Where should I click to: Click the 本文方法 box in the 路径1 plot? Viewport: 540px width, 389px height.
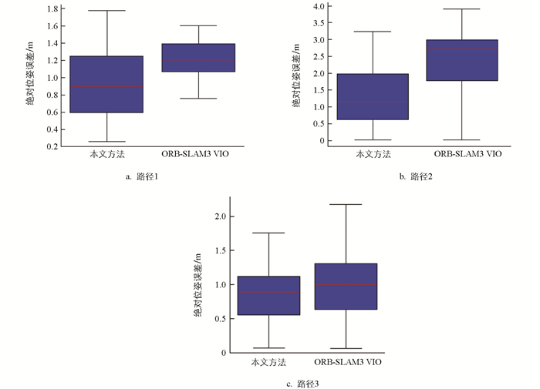[x=106, y=84]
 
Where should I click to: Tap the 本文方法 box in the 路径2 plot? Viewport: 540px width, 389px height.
[x=373, y=96]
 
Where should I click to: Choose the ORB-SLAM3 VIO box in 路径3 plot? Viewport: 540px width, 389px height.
[x=346, y=287]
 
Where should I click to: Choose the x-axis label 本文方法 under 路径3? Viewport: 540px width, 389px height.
[x=268, y=361]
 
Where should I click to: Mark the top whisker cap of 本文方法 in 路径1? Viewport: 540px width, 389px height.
[x=106, y=11]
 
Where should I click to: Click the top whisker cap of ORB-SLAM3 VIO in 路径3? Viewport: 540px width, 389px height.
[x=346, y=204]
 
